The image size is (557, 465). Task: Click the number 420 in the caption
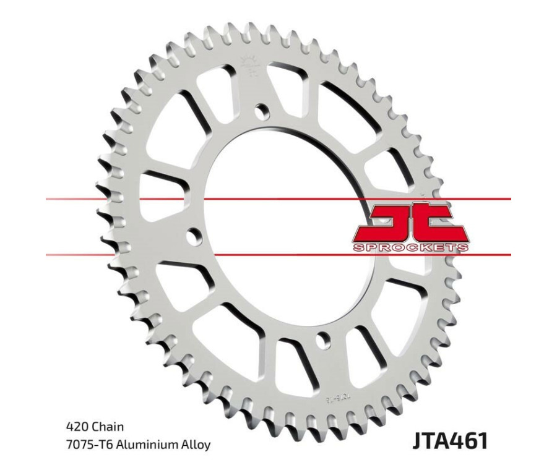coord(76,427)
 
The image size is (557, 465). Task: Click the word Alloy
coord(195,445)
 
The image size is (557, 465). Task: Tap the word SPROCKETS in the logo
coord(410,247)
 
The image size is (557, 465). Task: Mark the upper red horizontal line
coord(278,200)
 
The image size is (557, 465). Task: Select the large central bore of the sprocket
coord(278,223)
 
